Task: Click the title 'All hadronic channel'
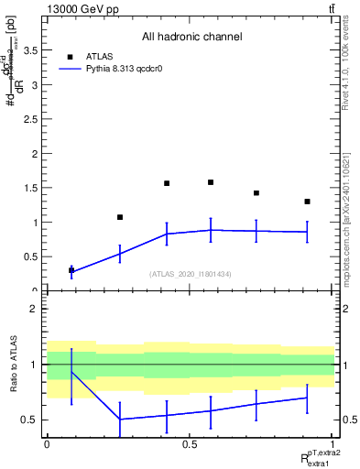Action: [191, 38]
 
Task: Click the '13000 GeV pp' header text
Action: [76, 8]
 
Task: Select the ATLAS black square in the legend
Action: [71, 56]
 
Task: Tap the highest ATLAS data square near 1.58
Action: [211, 182]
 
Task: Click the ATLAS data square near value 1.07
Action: [120, 217]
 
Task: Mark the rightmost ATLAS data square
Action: [308, 202]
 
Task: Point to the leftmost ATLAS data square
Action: [71, 270]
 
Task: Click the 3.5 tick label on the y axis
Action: [32, 51]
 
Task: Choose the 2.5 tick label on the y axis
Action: [32, 119]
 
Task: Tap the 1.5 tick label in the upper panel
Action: [32, 188]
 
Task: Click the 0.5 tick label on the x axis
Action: [190, 443]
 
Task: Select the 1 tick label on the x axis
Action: [333, 443]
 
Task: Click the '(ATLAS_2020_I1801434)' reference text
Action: [191, 274]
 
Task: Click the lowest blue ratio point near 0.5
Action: [120, 420]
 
